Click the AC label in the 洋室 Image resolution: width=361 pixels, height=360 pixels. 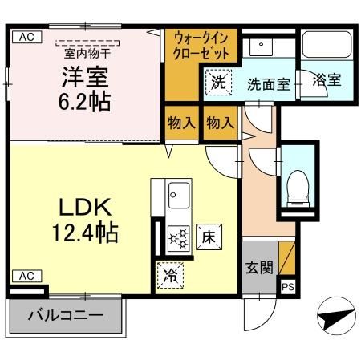(x=26, y=37)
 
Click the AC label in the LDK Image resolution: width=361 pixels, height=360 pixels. (x=26, y=276)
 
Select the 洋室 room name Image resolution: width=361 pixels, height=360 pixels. (x=83, y=78)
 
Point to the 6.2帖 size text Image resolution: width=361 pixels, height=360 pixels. (x=83, y=103)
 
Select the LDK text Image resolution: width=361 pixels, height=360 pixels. (x=83, y=208)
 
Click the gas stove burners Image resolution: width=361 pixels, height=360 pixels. (x=177, y=237)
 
